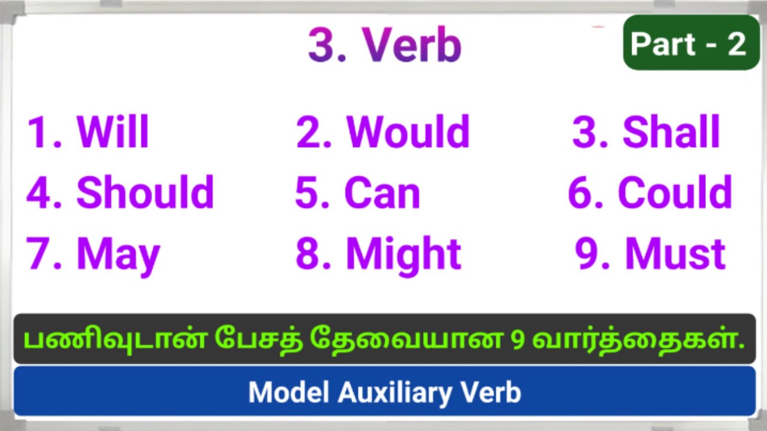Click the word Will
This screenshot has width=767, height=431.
[113, 132]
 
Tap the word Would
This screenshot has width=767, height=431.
[408, 132]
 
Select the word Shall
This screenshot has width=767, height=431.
[671, 132]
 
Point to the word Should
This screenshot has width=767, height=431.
[145, 193]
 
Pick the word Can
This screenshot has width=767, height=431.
[382, 193]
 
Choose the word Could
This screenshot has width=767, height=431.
[675, 193]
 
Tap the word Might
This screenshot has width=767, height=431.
[403, 254]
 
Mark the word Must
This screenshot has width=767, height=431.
[675, 254]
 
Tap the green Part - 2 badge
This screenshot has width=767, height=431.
[691, 43]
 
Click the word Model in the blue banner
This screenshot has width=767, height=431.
[289, 393]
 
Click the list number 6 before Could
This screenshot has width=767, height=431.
[581, 193]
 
